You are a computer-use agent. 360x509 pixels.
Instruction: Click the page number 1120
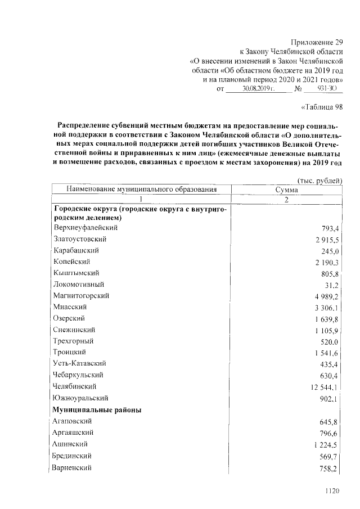332,491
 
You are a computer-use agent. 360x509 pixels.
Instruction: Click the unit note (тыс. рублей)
319,181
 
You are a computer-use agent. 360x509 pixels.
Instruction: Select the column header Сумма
287,190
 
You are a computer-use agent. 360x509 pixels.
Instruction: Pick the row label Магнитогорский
82,295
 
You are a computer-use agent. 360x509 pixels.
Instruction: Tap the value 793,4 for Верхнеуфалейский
327,229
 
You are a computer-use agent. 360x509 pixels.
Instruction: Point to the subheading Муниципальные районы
97,409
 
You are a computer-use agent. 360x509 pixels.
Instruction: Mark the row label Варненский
72,467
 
